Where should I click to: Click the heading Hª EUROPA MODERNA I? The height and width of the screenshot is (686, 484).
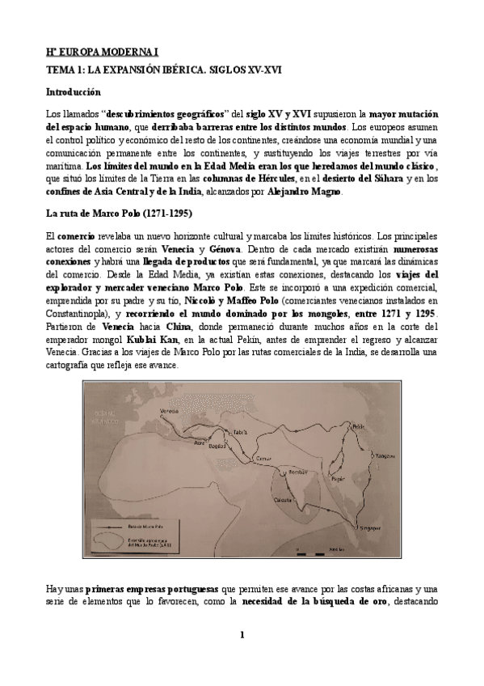(x=91, y=52)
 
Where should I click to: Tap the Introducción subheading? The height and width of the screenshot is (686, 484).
(x=74, y=92)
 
